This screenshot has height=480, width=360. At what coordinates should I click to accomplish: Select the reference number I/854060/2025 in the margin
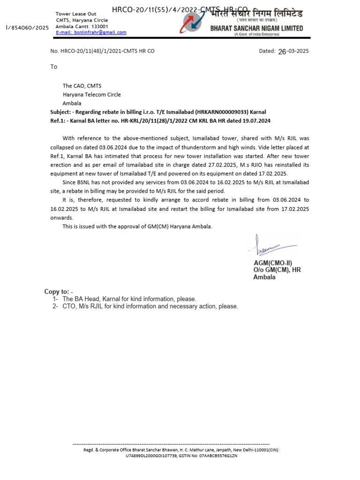click(x=27, y=28)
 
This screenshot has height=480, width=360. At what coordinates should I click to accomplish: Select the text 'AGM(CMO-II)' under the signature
click(x=273, y=263)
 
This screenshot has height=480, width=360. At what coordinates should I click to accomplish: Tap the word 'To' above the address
click(x=54, y=67)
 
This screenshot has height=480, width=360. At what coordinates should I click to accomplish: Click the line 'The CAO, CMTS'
click(x=82, y=86)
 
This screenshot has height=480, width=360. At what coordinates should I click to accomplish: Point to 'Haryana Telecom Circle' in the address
click(x=92, y=95)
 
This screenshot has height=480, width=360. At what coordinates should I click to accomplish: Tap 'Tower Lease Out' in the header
click(x=76, y=14)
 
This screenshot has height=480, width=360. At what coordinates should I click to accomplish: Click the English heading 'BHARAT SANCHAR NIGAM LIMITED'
click(x=256, y=29)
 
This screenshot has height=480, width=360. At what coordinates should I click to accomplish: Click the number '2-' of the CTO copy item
click(x=55, y=307)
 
